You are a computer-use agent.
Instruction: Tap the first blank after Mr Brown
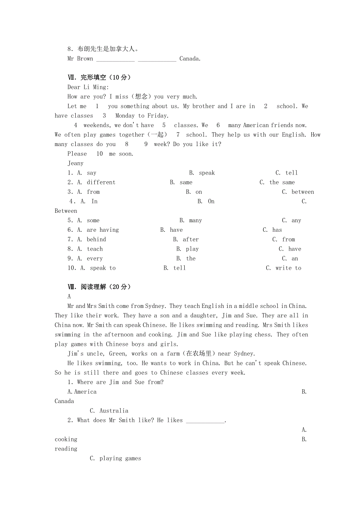coord(115,59)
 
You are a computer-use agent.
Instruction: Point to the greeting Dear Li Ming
coord(88,87)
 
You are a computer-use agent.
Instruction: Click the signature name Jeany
coord(75,163)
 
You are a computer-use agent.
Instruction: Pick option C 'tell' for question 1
coord(291,173)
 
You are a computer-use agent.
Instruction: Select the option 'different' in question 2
coord(101,182)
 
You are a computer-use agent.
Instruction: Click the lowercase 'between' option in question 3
coord(303,192)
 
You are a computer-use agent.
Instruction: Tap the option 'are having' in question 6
coord(103,230)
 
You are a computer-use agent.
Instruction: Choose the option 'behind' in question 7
coord(96,240)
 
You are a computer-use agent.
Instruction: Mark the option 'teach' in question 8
coord(95,249)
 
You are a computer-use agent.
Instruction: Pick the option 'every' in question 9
coord(95,259)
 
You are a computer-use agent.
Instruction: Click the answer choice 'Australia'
coord(114,411)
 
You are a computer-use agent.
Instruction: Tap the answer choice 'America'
coord(85,392)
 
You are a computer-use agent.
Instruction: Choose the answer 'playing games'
coord(120,459)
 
